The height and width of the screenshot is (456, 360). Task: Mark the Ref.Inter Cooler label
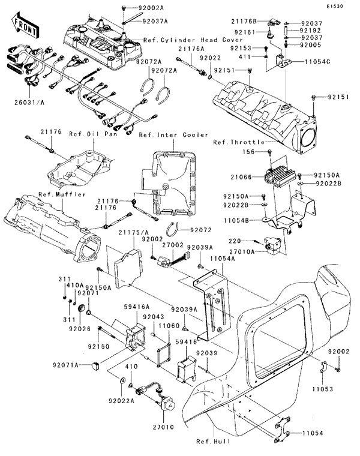click(173, 135)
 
